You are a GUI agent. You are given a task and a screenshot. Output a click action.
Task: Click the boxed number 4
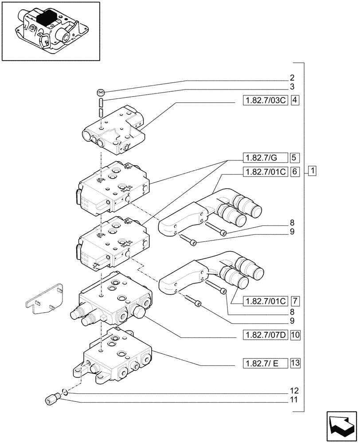click(x=295, y=100)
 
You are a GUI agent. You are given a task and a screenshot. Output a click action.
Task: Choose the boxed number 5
click(x=295, y=157)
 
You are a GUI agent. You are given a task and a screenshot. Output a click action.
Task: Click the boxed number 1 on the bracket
click(x=313, y=171)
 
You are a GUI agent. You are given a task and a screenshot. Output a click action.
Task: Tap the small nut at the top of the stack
click(x=101, y=93)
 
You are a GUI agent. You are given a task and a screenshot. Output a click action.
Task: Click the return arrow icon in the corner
click(x=340, y=425)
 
